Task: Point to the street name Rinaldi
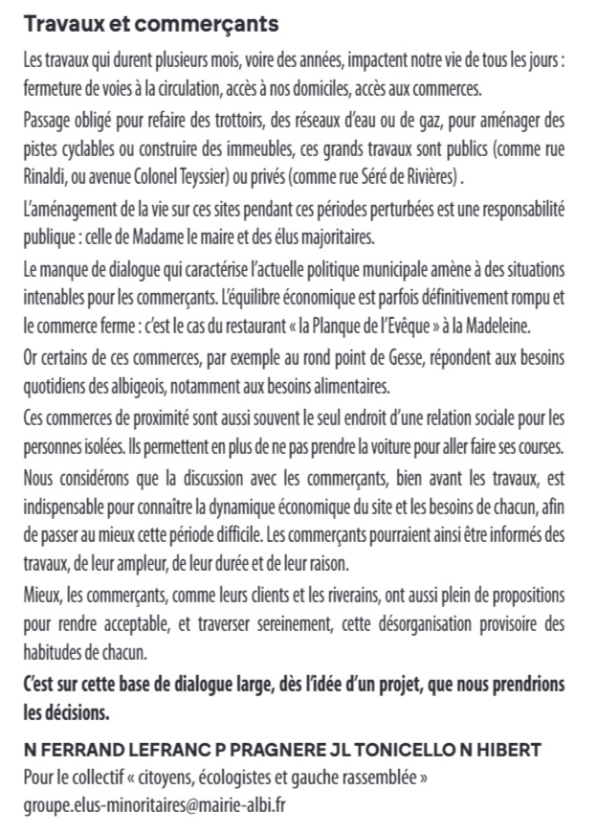coord(49,178)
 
